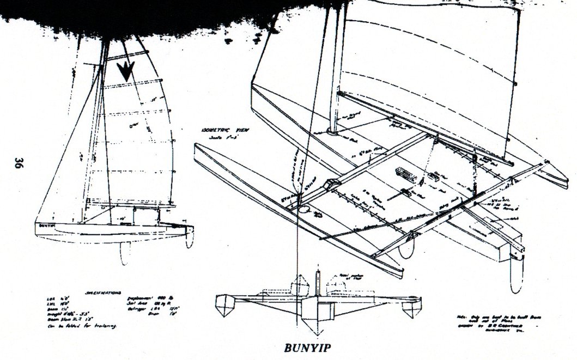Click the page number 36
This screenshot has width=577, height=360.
[18, 163]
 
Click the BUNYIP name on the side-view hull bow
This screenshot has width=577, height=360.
[48, 224]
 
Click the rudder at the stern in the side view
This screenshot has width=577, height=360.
[189, 235]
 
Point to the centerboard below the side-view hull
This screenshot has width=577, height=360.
[125, 251]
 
